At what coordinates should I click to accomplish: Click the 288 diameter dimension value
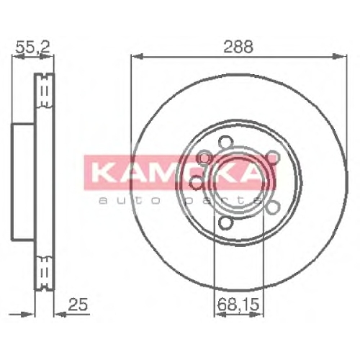pyautogui.click(x=238, y=47)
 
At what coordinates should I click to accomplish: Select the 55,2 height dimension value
pyautogui.click(x=32, y=47)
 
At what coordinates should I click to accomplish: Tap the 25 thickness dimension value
pyautogui.click(x=78, y=305)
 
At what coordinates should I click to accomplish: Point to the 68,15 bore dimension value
pyautogui.click(x=238, y=305)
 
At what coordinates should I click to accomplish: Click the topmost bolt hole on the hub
pyautogui.click(x=226, y=142)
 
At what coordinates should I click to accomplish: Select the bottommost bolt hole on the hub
pyautogui.click(x=226, y=222)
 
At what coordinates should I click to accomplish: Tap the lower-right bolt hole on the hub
pyautogui.click(x=273, y=207)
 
